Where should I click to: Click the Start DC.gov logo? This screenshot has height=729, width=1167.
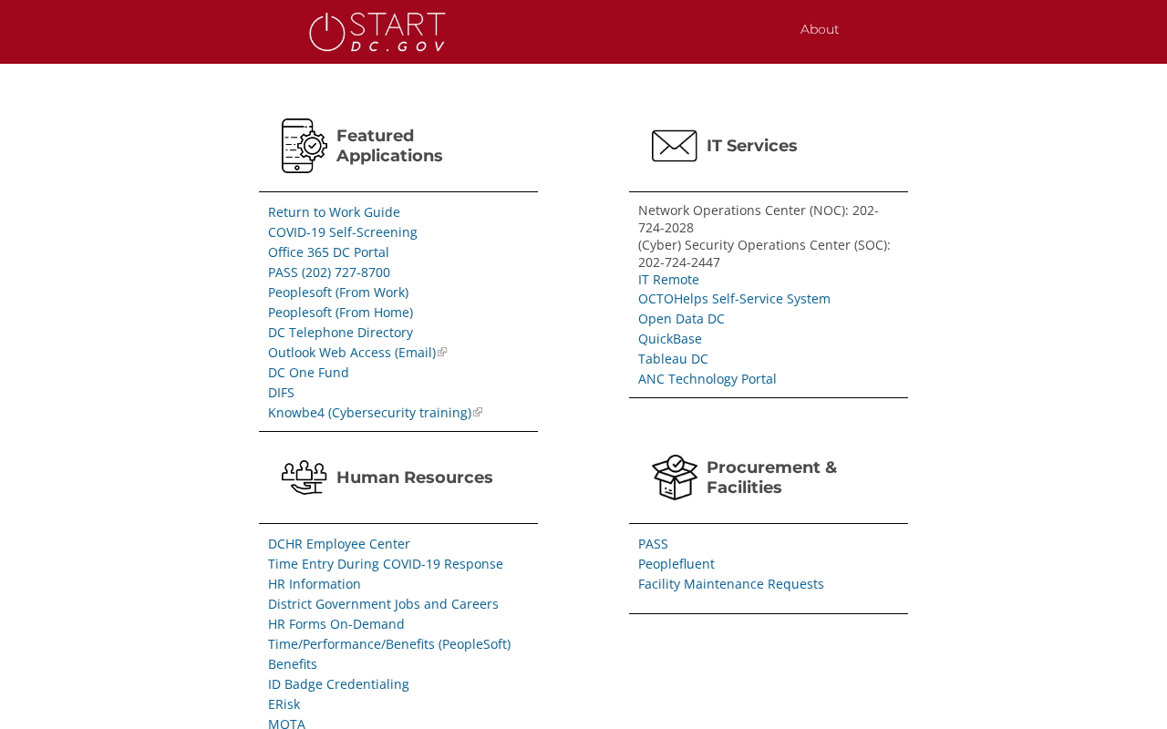pyautogui.click(x=377, y=32)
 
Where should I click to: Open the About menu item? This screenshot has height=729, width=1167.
pyautogui.click(x=819, y=29)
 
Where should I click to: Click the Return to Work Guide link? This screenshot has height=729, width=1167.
pyautogui.click(x=334, y=212)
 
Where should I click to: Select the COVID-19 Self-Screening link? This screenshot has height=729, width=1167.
pyautogui.click(x=343, y=232)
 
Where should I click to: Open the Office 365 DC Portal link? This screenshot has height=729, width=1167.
pyautogui.click(x=328, y=252)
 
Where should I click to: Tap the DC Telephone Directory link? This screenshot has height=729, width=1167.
pyautogui.click(x=340, y=333)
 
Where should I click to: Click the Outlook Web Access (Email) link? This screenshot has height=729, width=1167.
pyautogui.click(x=352, y=353)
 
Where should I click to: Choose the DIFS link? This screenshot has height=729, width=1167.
pyautogui.click(x=281, y=393)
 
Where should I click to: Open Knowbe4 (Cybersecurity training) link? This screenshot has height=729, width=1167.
pyautogui.click(x=369, y=413)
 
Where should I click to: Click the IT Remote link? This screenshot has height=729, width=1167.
pyautogui.click(x=668, y=280)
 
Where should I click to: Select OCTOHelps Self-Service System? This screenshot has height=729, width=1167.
pyautogui.click(x=734, y=299)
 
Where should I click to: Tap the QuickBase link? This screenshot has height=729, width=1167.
pyautogui.click(x=670, y=339)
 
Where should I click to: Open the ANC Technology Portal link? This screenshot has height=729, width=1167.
pyautogui.click(x=707, y=379)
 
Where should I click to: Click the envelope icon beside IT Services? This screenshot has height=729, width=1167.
pyautogui.click(x=675, y=146)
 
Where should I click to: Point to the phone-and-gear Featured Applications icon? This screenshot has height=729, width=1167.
pyautogui.click(x=305, y=146)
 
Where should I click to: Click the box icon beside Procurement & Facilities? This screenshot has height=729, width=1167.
pyautogui.click(x=675, y=477)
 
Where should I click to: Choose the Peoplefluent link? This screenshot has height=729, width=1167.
pyautogui.click(x=676, y=564)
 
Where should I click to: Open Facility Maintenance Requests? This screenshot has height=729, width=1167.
pyautogui.click(x=731, y=584)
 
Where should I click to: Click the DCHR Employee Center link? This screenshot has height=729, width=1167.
pyautogui.click(x=339, y=544)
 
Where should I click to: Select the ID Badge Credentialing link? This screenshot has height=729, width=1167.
pyautogui.click(x=338, y=684)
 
